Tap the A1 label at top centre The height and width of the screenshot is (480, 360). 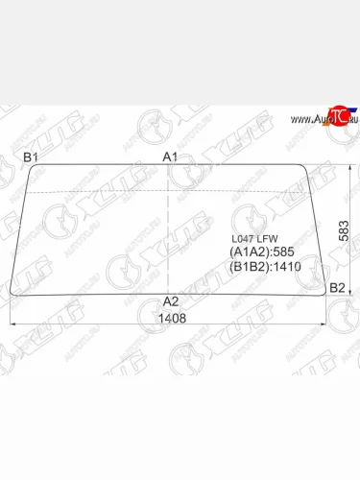click(x=170, y=156)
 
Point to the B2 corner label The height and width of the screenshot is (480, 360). click(x=337, y=288)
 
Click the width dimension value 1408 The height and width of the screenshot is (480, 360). click(x=170, y=318)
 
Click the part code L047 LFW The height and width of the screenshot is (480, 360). click(x=252, y=240)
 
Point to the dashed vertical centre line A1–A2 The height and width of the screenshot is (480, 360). click(x=170, y=230)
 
